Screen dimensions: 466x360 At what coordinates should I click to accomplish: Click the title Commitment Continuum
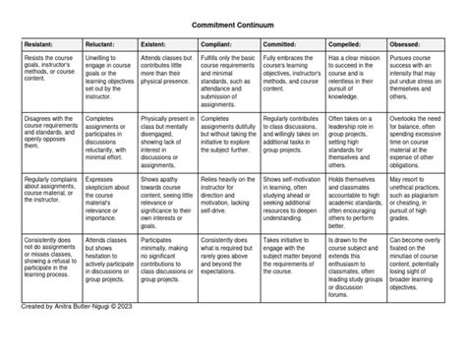coord(232,21)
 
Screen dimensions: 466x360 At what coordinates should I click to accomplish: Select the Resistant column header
coord(38,43)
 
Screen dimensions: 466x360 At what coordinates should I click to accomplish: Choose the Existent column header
coord(156,43)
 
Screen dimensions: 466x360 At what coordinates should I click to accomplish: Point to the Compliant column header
coord(217,43)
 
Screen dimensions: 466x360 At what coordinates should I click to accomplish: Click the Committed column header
coord(282,43)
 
